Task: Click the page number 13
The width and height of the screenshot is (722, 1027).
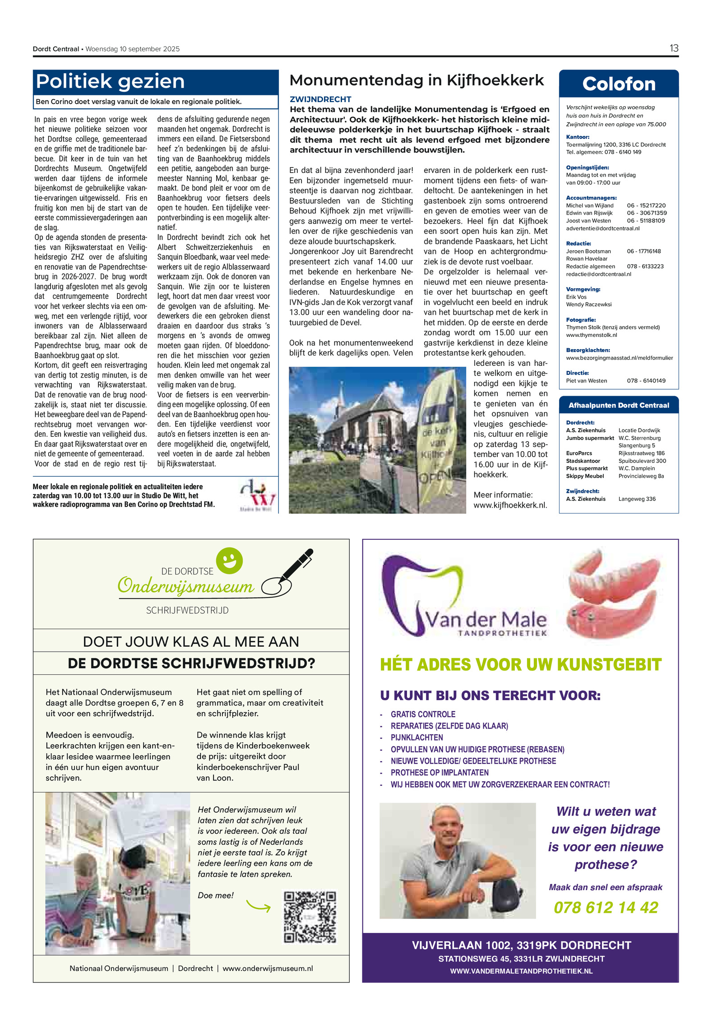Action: click(x=673, y=48)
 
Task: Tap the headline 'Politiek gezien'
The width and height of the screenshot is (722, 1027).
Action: click(x=110, y=82)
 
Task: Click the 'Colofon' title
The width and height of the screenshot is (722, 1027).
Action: click(x=618, y=84)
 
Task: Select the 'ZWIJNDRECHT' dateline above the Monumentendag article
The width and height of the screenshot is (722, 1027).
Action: click(x=320, y=99)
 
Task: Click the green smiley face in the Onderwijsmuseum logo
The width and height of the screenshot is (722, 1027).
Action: click(x=229, y=560)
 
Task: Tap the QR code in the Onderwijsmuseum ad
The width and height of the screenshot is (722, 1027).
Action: click(x=310, y=917)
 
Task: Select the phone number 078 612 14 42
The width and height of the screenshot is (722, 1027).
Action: click(x=606, y=907)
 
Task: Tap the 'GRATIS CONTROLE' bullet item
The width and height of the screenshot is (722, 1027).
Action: click(x=423, y=714)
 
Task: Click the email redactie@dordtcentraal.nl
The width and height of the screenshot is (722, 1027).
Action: click(x=598, y=274)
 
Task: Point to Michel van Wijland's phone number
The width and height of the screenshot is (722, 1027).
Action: click(x=646, y=205)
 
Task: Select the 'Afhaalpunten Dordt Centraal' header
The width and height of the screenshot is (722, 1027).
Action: click(x=618, y=405)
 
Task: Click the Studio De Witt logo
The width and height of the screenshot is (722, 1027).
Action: click(x=258, y=495)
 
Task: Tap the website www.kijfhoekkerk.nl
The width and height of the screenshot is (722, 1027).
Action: click(x=510, y=505)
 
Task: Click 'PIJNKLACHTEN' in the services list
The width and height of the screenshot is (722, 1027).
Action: click(x=417, y=738)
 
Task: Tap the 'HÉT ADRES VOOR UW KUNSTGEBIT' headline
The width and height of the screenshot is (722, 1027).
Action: click(x=520, y=664)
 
